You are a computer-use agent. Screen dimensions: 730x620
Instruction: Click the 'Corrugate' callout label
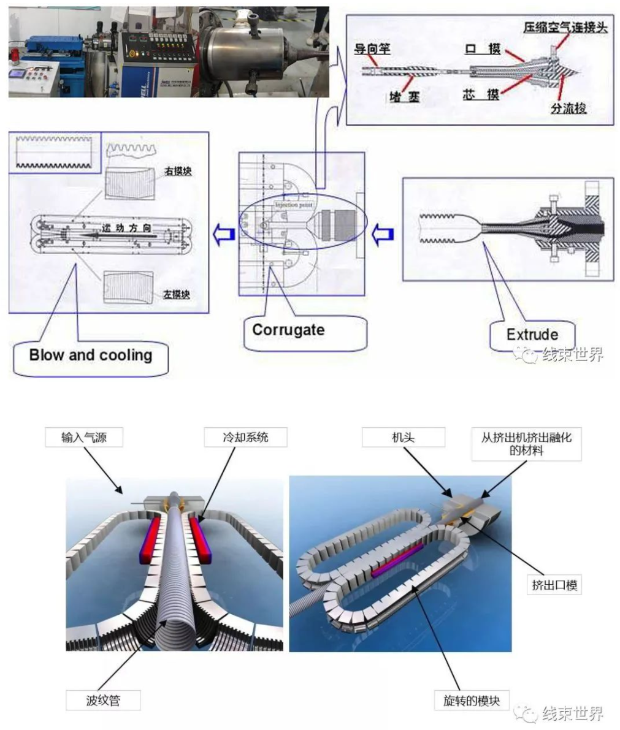coord(288,330)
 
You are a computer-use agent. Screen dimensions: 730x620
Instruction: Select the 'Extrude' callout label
coord(532,335)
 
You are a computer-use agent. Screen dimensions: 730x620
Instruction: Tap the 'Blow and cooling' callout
coord(90,355)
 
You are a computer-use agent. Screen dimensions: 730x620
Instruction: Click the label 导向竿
coord(372,48)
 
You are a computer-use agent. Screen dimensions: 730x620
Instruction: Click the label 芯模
coord(480,95)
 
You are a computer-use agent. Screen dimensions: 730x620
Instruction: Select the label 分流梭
coord(568,109)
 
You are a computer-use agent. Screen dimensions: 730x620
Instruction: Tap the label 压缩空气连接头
coord(565,28)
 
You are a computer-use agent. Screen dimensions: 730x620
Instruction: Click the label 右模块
coord(177,171)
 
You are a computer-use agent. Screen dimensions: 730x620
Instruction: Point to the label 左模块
coord(177,295)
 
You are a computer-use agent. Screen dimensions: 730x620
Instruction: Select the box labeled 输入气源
coord(83,438)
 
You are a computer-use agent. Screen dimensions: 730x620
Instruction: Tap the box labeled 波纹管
coord(103,700)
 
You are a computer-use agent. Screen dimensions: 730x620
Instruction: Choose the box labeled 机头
coord(403,438)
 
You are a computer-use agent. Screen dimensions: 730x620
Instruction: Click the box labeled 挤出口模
coord(554,585)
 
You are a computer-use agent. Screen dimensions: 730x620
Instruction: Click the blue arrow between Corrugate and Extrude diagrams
coord(383,234)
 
